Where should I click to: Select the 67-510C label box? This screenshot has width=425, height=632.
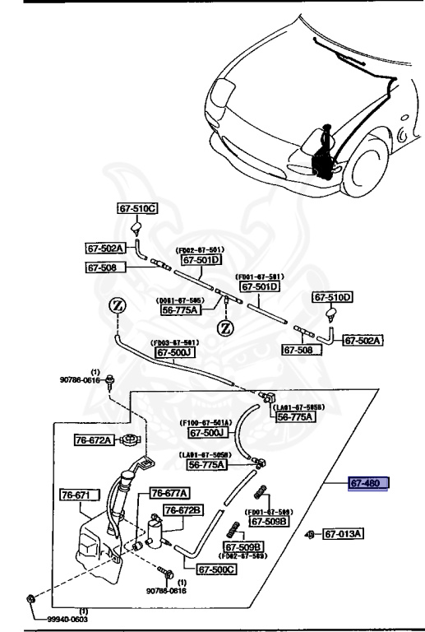[x=138, y=209]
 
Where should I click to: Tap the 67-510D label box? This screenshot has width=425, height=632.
[x=331, y=297]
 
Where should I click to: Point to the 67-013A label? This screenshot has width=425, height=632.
[x=343, y=534]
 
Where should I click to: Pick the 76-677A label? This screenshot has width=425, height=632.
[x=169, y=493]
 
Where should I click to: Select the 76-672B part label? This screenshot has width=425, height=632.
[x=182, y=510]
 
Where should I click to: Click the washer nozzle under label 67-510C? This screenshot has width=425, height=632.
[x=138, y=229]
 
